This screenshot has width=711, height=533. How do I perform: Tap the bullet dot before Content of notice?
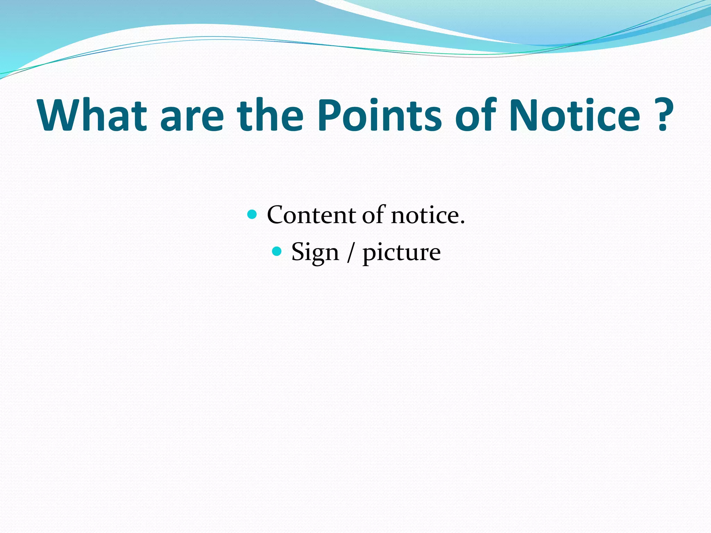click(x=252, y=214)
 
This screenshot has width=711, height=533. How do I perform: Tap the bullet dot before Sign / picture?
click(x=276, y=251)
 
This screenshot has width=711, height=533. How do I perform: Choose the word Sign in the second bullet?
click(x=315, y=252)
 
